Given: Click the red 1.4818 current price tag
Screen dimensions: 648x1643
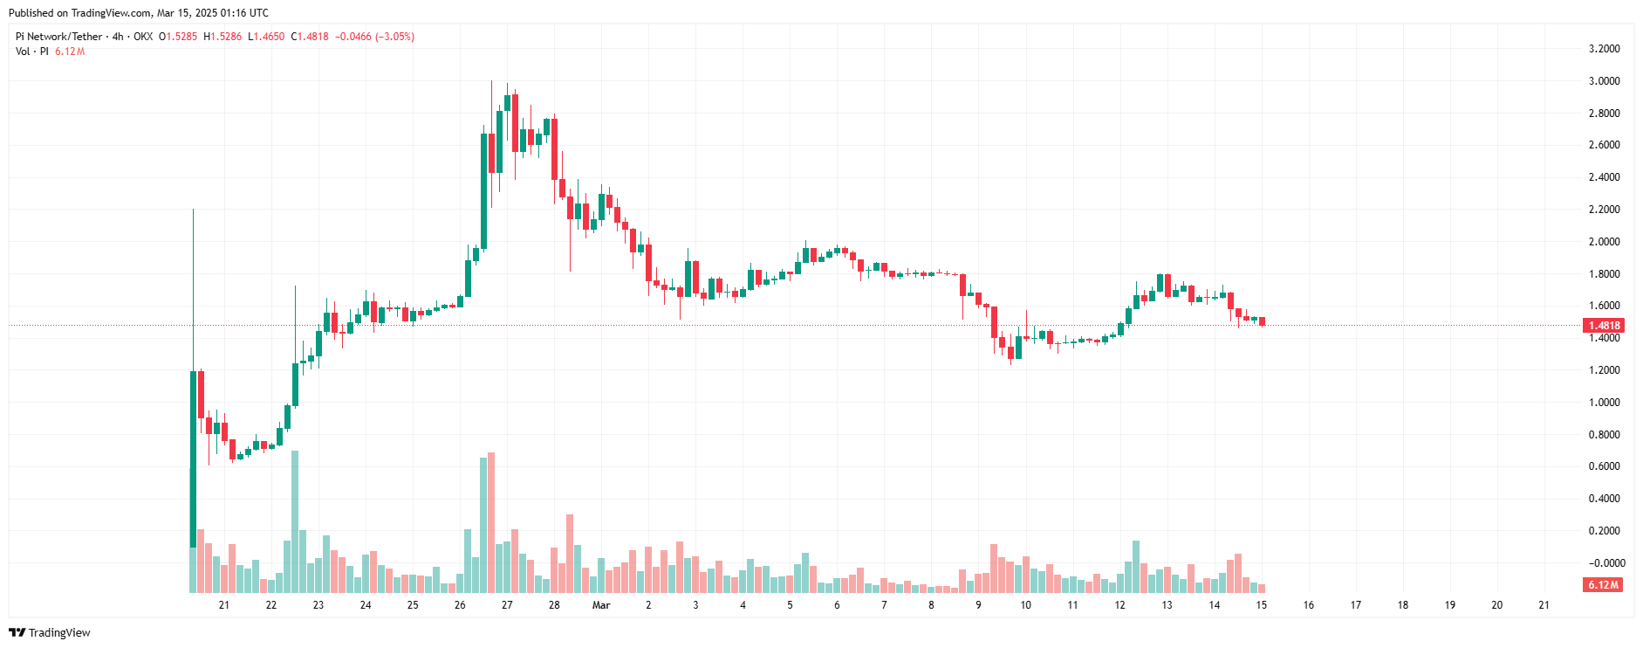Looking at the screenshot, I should point(1604,326).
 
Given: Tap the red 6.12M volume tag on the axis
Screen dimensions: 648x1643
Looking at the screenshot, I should point(1604,585).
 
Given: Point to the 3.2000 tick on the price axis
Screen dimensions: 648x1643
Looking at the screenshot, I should point(1604,49).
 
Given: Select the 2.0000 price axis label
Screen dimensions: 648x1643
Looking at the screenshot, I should point(1604,242).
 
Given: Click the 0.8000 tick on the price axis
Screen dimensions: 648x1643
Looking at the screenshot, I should point(1604,435).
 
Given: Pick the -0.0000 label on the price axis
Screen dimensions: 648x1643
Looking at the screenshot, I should point(1604,563).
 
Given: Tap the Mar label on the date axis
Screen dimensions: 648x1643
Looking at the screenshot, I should point(601,605).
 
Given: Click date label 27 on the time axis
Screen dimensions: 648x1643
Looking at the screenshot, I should point(507,605).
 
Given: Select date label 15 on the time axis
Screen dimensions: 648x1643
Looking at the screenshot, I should point(1261,605).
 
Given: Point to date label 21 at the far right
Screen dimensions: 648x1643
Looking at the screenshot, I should point(1544,605).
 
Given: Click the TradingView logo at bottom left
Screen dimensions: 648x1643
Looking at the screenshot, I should point(50,632).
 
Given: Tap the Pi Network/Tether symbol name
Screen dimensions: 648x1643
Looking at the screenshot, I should point(58,37).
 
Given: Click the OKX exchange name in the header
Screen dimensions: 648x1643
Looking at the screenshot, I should point(143,37).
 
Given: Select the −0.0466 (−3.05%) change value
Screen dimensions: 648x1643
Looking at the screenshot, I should point(374,37).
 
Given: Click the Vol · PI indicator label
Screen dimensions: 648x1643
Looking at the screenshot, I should point(32,52).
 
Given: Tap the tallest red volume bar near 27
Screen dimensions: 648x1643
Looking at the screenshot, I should point(491,522).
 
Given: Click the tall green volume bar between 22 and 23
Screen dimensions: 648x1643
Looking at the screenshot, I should point(295,521).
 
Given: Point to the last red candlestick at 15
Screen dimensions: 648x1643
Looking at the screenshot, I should point(1262,321).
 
